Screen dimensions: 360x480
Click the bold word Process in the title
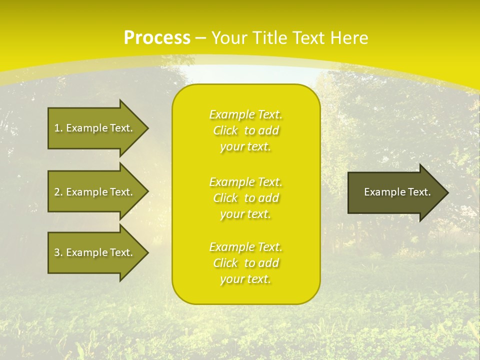tap(157, 38)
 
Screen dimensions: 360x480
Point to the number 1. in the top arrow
tap(58, 128)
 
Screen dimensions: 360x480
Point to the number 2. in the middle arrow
tap(58, 192)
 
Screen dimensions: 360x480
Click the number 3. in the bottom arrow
tap(58, 252)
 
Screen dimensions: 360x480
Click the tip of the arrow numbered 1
tap(146, 128)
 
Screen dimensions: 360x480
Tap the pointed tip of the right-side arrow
tap(446, 192)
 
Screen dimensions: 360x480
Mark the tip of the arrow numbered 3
tap(146, 252)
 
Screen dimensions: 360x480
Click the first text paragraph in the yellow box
tap(246, 130)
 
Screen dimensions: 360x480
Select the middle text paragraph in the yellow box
tap(246, 198)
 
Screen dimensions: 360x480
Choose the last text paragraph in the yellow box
tap(246, 263)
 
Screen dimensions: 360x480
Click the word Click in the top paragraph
tap(225, 130)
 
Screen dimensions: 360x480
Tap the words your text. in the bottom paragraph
tap(245, 279)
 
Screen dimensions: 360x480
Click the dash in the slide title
tap(200, 38)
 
